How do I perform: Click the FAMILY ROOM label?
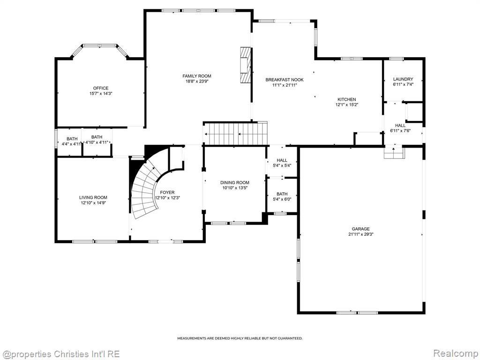(197, 76)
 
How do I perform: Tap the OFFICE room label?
(101, 88)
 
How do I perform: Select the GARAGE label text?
(360, 229)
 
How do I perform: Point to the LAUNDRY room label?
(403, 79)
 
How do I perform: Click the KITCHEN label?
(346, 99)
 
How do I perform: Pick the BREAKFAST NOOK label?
(285, 80)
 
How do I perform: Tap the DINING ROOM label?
(235, 182)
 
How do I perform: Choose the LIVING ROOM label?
(93, 197)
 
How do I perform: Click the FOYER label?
(167, 192)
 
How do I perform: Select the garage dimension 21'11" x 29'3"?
(360, 234)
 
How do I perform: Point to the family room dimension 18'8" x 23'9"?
(197, 82)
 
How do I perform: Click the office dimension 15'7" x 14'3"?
(101, 94)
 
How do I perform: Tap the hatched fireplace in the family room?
(246, 65)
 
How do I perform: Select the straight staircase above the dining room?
(235, 134)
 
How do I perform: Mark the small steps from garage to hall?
(394, 153)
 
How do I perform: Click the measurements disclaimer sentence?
(240, 338)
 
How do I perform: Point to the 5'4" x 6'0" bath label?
(282, 196)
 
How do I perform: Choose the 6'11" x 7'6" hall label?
(400, 128)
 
